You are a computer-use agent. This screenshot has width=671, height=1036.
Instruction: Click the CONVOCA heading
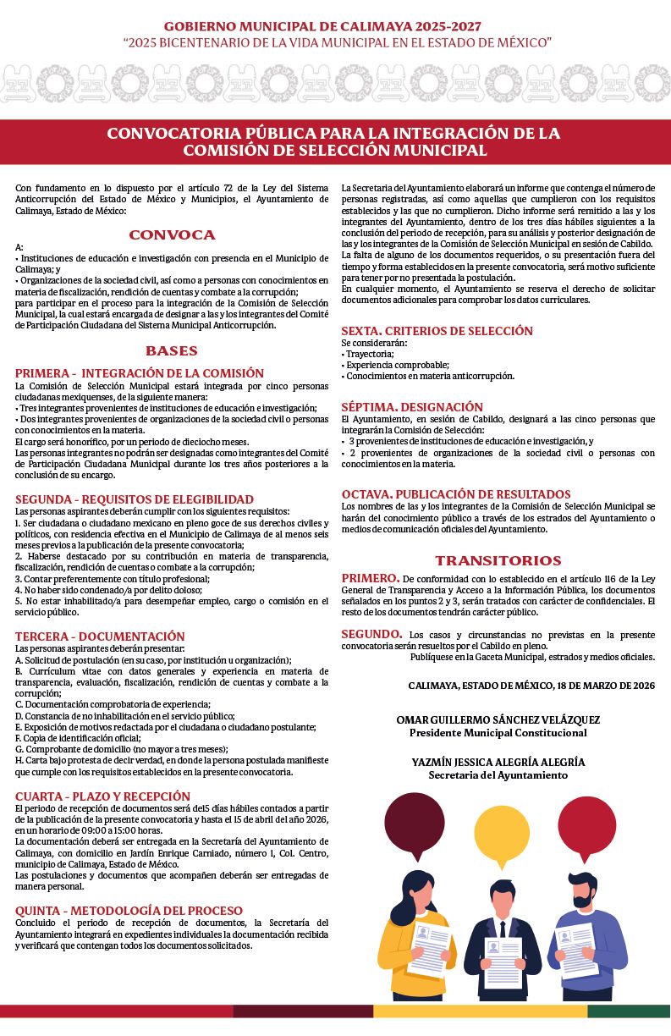tap(172, 235)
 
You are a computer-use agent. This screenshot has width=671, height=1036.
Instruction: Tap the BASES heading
tap(172, 350)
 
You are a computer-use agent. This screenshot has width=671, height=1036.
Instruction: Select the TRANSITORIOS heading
tap(498, 560)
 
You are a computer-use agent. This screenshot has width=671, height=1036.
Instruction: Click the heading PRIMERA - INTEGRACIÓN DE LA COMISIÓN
tap(140, 373)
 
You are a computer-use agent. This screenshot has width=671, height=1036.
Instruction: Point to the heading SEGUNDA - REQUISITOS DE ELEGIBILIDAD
tap(135, 499)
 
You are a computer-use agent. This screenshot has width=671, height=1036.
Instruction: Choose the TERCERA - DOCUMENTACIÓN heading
tap(100, 636)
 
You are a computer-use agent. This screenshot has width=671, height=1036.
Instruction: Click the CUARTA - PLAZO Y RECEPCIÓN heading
tap(102, 796)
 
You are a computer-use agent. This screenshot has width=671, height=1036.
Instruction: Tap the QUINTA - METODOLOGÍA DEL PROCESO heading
tap(129, 911)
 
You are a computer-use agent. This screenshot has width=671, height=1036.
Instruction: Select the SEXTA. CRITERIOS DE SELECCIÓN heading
tap(437, 331)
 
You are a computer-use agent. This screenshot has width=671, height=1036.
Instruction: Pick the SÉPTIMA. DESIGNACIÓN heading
tap(412, 407)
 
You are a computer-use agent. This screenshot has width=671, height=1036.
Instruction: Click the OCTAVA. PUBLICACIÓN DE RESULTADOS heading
tap(456, 494)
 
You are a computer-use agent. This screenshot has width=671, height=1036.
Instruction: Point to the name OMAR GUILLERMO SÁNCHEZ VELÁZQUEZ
tap(498, 720)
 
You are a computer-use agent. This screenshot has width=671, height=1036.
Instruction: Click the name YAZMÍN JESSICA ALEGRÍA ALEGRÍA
tap(498, 763)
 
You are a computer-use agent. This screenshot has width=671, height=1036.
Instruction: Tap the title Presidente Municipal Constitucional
tap(498, 733)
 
